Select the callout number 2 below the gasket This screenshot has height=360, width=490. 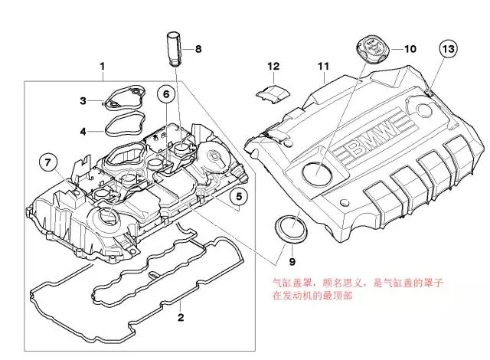(181, 316)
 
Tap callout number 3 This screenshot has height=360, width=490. (83, 100)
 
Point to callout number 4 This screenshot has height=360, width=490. (83, 130)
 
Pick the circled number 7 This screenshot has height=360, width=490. (47, 162)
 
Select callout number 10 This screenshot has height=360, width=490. (410, 48)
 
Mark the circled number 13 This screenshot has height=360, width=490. (449, 50)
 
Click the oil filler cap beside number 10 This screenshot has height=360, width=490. (371, 47)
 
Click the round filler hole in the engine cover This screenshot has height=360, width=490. (315, 172)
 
